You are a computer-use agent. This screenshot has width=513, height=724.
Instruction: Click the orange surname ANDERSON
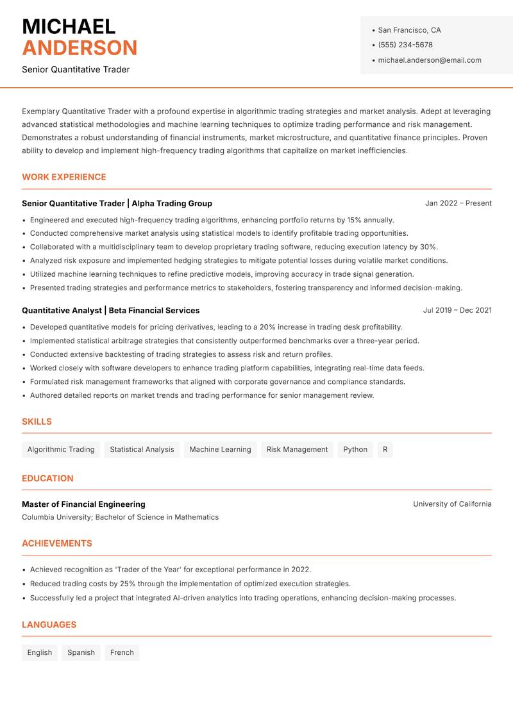click(x=80, y=48)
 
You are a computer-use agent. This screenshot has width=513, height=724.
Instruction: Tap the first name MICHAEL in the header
click(x=69, y=26)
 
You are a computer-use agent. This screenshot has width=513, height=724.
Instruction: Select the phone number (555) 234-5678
click(x=405, y=45)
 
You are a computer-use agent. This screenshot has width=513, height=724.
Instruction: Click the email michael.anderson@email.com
click(x=430, y=60)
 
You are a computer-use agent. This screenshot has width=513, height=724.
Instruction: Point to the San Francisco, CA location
click(x=409, y=30)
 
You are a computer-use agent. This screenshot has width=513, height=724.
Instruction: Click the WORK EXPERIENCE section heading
click(x=64, y=177)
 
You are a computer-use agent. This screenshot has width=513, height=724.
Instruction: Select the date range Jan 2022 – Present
click(x=458, y=203)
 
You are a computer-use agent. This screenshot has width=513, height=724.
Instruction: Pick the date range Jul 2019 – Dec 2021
click(x=457, y=310)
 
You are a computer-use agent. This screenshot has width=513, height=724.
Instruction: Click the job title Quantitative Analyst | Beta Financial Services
click(x=110, y=310)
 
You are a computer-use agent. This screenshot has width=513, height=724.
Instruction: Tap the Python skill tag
click(x=355, y=450)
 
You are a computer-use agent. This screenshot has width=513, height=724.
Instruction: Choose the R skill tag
click(x=385, y=450)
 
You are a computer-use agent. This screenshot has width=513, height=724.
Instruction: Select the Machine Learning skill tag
click(x=220, y=450)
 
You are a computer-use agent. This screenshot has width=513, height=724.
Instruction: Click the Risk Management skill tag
click(x=297, y=450)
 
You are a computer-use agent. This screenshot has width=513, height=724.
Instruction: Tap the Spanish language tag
click(x=81, y=653)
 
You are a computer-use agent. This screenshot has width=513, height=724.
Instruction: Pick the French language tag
click(x=122, y=653)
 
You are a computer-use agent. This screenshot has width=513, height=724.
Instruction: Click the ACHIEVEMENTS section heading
click(x=57, y=543)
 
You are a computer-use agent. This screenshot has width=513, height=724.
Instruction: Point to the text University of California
click(x=452, y=504)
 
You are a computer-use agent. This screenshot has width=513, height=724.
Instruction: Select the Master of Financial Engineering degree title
click(x=83, y=504)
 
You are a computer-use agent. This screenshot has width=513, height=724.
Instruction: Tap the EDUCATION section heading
click(x=47, y=479)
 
